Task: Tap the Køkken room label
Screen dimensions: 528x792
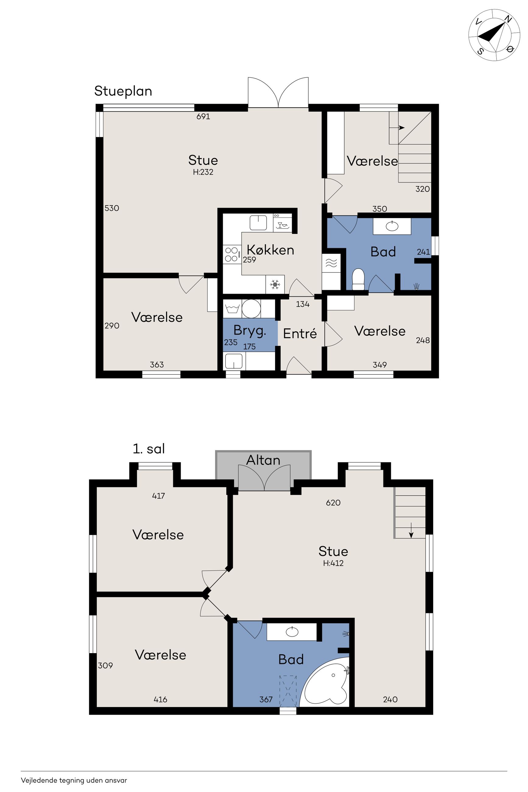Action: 270,250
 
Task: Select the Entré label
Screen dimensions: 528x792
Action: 300,333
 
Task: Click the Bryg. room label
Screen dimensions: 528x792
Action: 250,331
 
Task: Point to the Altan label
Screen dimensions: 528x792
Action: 263,460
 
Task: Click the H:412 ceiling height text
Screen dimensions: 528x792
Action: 333,563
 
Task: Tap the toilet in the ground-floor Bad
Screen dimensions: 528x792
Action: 358,279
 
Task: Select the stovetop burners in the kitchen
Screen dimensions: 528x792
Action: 232,254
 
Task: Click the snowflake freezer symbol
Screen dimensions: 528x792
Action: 275,285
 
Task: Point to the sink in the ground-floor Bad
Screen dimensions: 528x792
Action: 392,226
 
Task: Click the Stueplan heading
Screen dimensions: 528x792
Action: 123,91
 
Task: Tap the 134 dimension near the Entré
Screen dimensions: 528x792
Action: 303,304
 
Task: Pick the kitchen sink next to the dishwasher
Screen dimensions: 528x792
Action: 258,223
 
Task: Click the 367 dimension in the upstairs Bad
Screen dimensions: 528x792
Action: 266,699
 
